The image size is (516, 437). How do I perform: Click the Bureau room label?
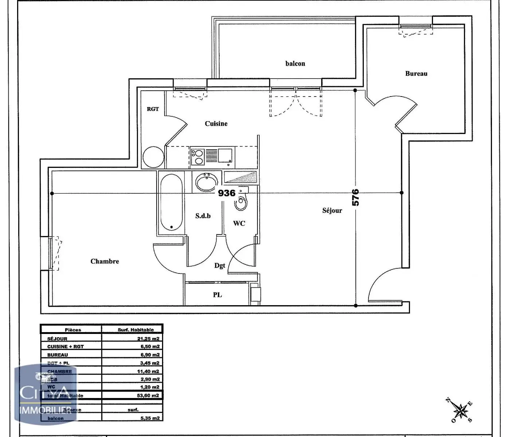tap(416, 74)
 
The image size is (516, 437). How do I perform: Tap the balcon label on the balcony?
tap(295, 64)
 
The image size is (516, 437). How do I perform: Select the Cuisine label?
tap(216, 124)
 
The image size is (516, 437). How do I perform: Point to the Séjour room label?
tap(332, 210)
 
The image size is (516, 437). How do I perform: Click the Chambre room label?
tap(105, 261)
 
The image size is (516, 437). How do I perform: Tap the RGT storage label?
tap(153, 109)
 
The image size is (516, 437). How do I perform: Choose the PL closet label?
tap(217, 295)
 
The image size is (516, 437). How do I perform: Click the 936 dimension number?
tap(227, 193)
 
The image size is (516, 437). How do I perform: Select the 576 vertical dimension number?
tap(355, 197)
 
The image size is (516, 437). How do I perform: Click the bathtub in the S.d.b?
tap(171, 203)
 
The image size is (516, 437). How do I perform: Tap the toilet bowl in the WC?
tap(241, 203)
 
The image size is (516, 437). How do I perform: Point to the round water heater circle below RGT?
tap(153, 157)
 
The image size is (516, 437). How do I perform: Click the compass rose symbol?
tap(461, 411)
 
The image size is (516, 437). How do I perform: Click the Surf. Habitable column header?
tap(135, 330)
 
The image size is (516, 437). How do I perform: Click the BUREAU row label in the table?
tap(58, 355)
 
